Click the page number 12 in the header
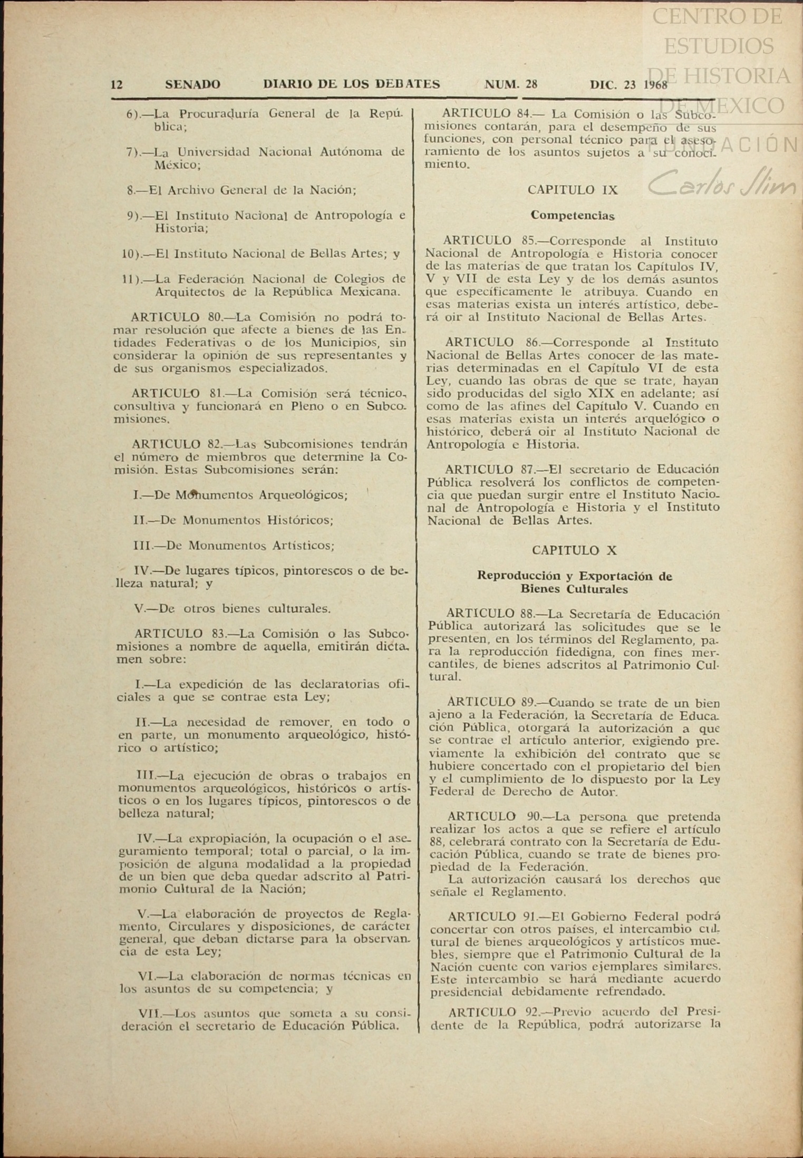[x=117, y=84]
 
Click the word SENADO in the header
[x=192, y=84]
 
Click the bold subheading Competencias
[x=572, y=215]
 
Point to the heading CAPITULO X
[x=574, y=550]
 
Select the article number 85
[x=527, y=241]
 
